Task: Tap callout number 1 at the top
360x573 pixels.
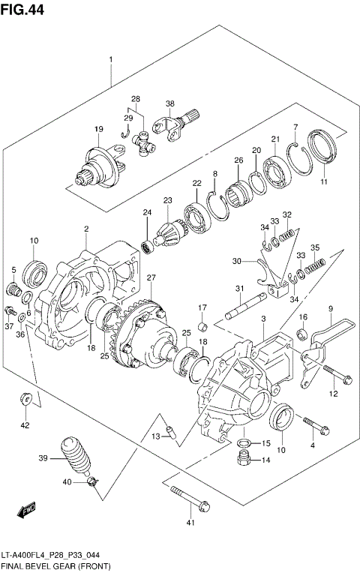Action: [x=110, y=58]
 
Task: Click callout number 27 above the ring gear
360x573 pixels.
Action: [x=151, y=278]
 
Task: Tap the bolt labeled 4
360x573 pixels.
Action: [x=317, y=426]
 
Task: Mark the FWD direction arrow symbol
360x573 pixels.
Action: [x=27, y=513]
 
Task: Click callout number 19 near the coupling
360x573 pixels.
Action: [x=98, y=130]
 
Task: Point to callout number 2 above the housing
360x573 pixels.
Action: [x=86, y=229]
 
